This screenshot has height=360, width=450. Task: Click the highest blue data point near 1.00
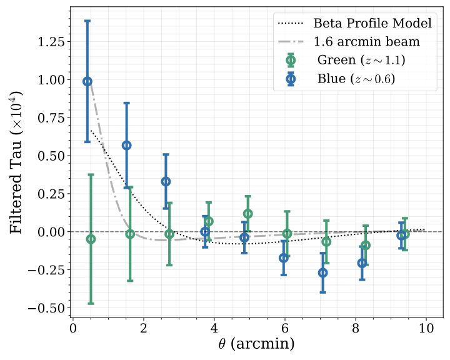coord(87,81)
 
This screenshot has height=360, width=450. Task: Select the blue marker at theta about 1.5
coord(126,145)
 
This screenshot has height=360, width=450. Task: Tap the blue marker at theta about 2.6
coord(166,181)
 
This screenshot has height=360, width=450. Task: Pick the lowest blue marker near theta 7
coord(322,272)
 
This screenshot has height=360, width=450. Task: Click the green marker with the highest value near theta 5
coord(247,214)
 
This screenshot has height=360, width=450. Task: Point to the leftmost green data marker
coord(91,239)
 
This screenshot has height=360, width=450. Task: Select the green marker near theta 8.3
coord(366,245)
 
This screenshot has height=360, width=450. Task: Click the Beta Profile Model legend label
coord(372,24)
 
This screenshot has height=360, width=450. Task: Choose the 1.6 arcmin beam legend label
coord(366,42)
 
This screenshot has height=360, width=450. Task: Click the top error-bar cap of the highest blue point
coord(87,21)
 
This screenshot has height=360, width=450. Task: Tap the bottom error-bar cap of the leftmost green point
coord(91,303)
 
